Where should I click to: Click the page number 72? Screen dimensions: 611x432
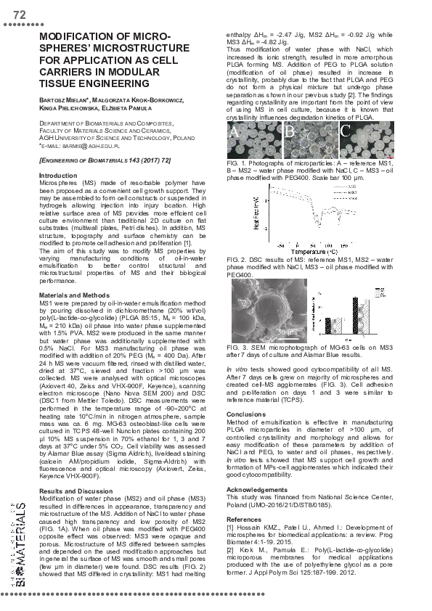(20, 15)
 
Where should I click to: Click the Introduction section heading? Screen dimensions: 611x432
(57, 176)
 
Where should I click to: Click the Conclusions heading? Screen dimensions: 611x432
(246, 414)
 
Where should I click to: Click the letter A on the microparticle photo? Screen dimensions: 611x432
(235, 133)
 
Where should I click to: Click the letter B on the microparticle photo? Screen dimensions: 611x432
(288, 133)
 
